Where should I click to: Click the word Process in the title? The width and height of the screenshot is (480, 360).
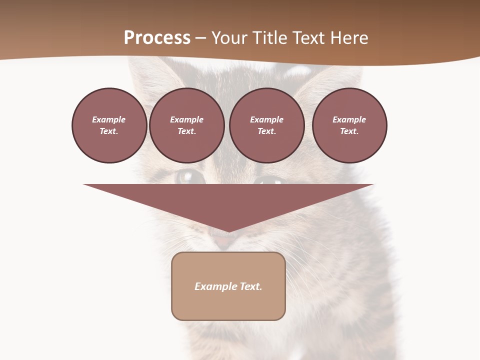(x=157, y=38)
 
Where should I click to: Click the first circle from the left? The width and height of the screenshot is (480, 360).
(x=109, y=125)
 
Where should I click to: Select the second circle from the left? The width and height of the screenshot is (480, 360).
(x=186, y=125)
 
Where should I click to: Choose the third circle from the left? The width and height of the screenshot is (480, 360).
(x=266, y=125)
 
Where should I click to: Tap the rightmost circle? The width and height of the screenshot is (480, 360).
(x=349, y=125)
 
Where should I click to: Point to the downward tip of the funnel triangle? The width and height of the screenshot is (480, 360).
(x=228, y=231)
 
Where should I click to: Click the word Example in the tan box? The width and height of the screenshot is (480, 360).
(x=215, y=286)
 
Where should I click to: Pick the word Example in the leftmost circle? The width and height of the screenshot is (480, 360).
(x=109, y=119)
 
